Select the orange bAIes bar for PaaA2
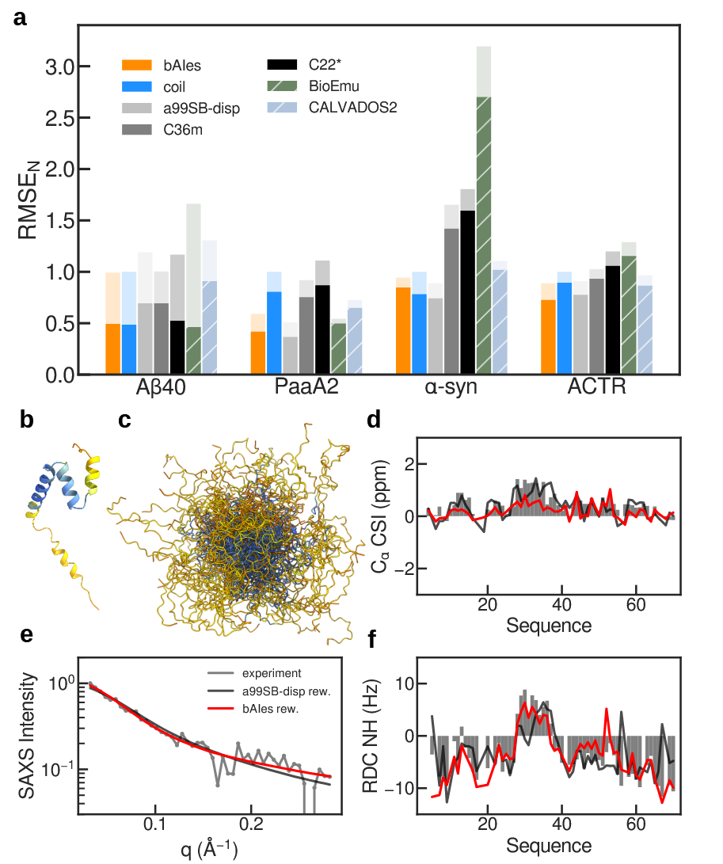[258, 352]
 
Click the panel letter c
[124, 421]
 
